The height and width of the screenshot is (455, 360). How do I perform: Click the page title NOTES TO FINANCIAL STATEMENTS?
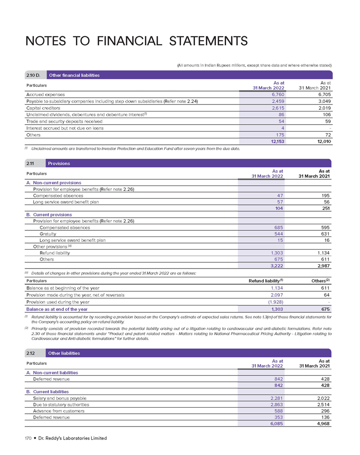[137, 41]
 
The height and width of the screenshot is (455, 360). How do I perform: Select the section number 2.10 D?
[35, 75]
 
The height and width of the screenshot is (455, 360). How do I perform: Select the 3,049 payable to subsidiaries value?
[323, 101]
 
